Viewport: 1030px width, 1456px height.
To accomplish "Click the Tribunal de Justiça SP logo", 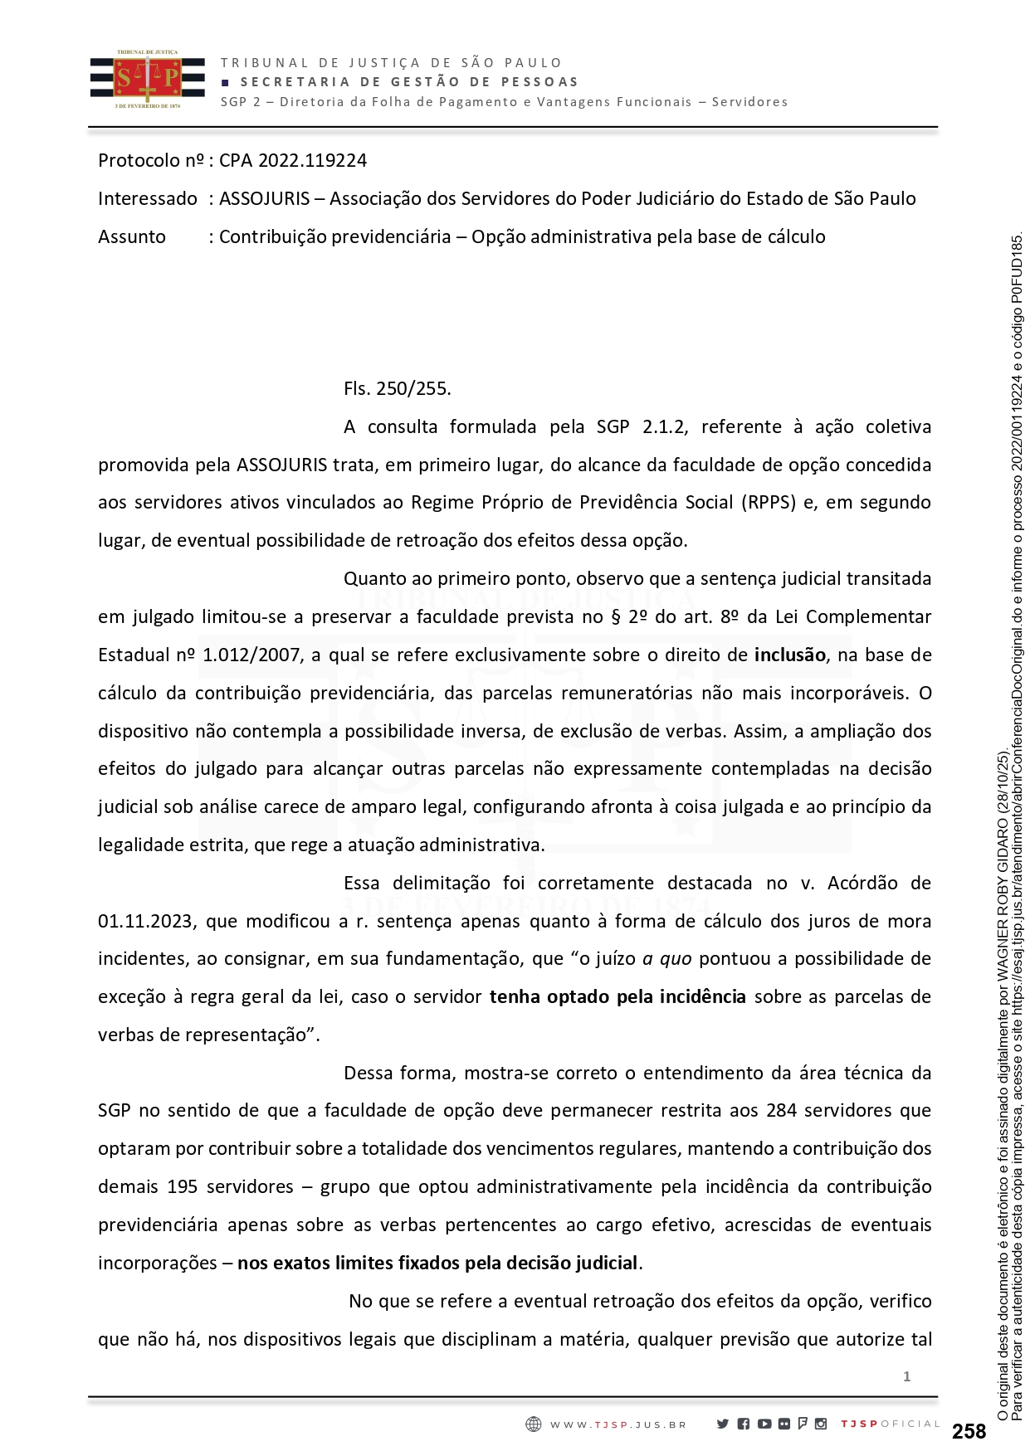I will pos(147,80).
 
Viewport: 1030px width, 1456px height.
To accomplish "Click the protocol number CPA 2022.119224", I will pos(292,160).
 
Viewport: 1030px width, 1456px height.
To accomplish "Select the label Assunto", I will pos(132,236).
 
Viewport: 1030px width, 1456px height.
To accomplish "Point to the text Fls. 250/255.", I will pos(397,388).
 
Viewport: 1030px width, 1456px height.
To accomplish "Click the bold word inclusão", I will pos(789,655).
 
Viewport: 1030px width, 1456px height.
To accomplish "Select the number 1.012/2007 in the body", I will pos(251,655).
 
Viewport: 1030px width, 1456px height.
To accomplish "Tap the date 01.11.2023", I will pos(147,921).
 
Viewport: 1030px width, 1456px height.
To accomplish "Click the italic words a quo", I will pos(667,959).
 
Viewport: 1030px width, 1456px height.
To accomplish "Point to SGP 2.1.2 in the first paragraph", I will pos(641,426).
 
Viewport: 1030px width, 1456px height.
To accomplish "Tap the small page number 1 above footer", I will pos(906,1376).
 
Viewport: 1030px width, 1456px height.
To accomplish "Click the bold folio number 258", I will pos(969,1431).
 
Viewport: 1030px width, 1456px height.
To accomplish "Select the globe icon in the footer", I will pos(534,1424).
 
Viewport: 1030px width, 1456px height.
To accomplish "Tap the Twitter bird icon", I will pos(723,1424).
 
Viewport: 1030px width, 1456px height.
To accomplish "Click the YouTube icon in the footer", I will pos(764,1424).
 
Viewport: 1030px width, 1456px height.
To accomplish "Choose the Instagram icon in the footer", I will pos(821,1424).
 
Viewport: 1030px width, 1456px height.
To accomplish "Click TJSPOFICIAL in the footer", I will pos(890,1424).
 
